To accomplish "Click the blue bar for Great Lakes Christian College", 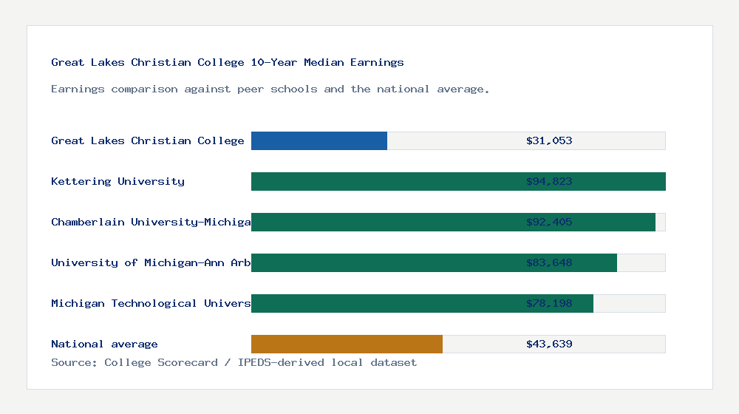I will (x=319, y=140).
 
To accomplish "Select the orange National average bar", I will (x=347, y=344).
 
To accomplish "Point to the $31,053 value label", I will (x=549, y=140).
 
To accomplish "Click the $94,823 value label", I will (x=549, y=181).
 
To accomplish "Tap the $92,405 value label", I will (x=549, y=222).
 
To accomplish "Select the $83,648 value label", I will (x=549, y=262).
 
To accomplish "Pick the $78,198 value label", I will (x=549, y=303).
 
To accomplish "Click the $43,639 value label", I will (x=549, y=344).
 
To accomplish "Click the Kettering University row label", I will (x=118, y=181).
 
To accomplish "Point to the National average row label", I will (x=104, y=344).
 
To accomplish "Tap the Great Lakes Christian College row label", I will (x=148, y=140).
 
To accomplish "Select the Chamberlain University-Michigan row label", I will (x=151, y=222).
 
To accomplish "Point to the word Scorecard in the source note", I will (x=188, y=362).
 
